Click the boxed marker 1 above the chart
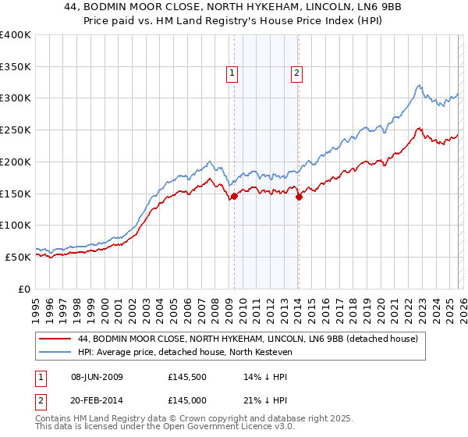[x=232, y=74]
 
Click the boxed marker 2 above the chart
[x=297, y=74]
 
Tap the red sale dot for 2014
[x=299, y=197]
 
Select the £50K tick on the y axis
[x=19, y=257]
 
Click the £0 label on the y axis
[x=24, y=289]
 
